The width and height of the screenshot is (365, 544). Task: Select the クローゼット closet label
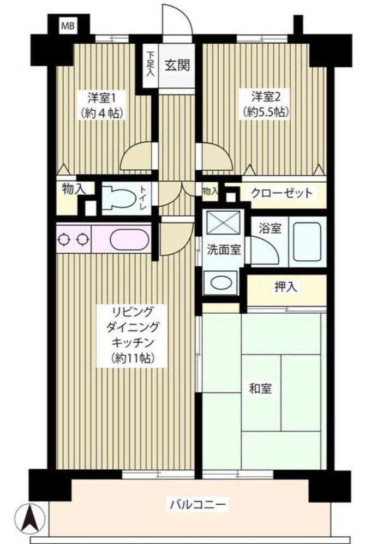coord(282,193)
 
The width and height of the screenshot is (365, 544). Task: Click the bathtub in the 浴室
coord(307,241)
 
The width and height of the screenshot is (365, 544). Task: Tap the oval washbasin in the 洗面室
coord(220,284)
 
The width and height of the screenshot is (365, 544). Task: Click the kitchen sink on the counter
coord(128,239)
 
